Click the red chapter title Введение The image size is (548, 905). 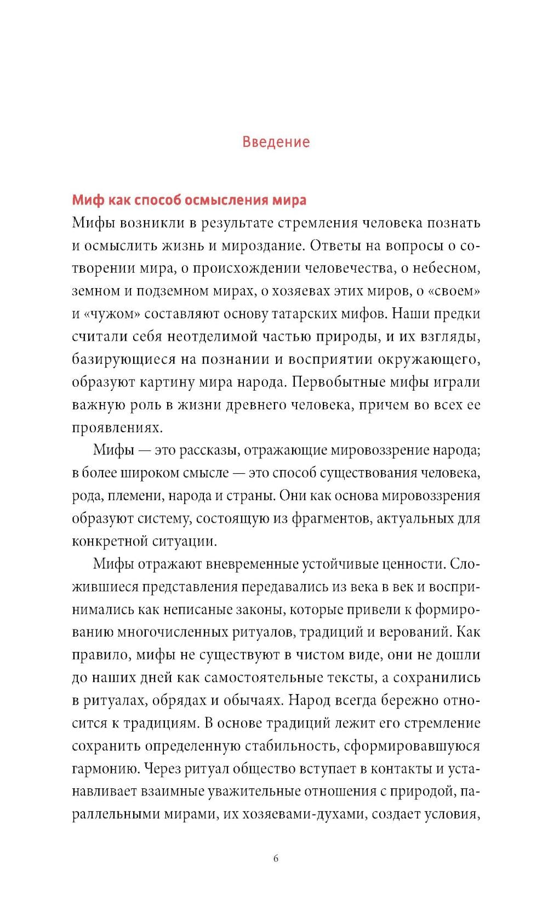tap(276, 142)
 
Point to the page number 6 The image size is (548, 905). tap(276, 858)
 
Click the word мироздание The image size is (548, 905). tap(261, 245)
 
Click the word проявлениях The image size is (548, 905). tap(109, 428)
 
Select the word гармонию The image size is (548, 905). tap(105, 769)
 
